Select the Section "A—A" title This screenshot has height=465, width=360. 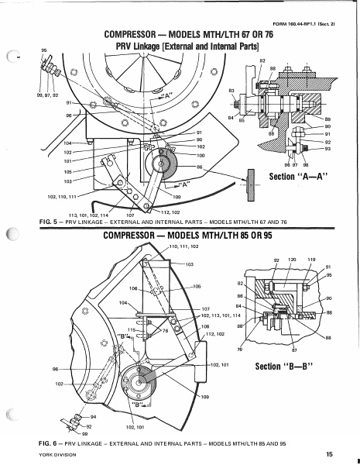[x=289, y=177]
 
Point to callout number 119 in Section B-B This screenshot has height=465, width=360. [x=312, y=260]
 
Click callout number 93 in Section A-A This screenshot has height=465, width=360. [x=327, y=149]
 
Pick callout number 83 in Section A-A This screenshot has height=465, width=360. [x=231, y=91]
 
